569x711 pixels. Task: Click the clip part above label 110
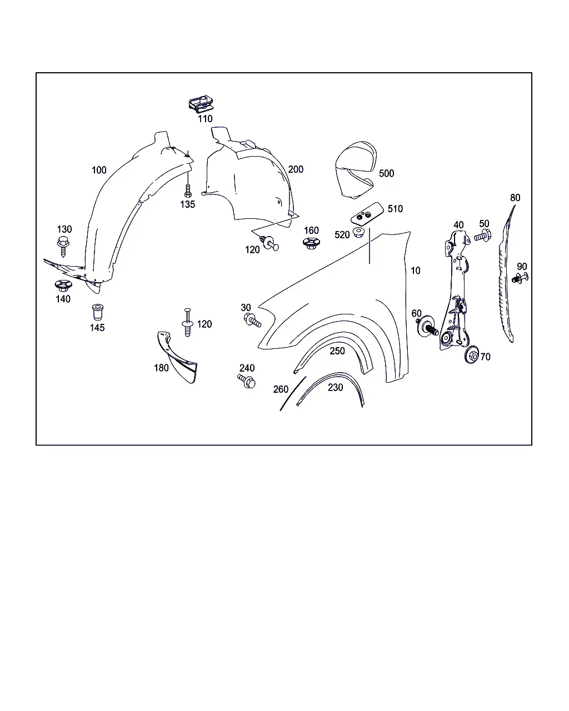coord(201,104)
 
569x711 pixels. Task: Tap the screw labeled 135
coord(188,191)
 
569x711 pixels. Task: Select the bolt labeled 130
coord(63,246)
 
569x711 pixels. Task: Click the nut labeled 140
coord(62,286)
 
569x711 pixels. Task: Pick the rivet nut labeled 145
coord(97,312)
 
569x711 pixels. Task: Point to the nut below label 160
coord(311,243)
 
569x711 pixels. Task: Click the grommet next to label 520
coord(358,232)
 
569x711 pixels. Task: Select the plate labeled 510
coord(367,214)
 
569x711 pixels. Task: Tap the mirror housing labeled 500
coord(356,169)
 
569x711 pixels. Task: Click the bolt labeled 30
coord(252,320)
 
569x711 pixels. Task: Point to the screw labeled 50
coord(483,236)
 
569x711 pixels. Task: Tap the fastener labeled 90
coord(520,278)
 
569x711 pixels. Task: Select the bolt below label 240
coord(246,381)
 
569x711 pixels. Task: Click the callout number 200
coord(296,169)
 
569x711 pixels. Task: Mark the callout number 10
coord(415,271)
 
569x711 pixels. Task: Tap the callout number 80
coord(515,198)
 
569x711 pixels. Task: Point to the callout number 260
coord(281,389)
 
